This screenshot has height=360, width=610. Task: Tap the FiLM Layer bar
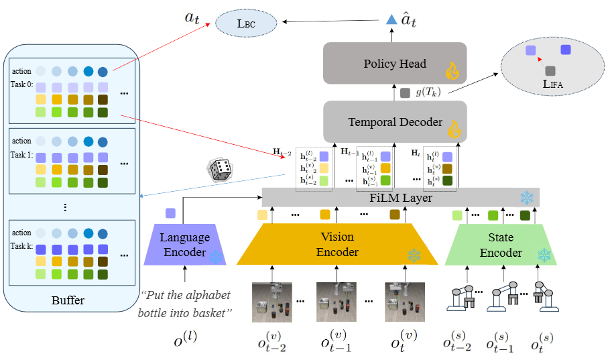[400, 197]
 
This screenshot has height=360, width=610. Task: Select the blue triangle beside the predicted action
[391, 21]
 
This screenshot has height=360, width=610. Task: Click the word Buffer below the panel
[68, 300]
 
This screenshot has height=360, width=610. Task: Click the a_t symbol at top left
[194, 18]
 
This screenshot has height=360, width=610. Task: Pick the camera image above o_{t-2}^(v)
[271, 301]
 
